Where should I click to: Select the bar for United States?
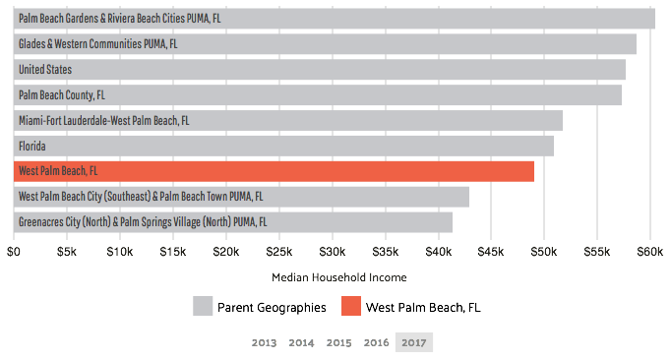point(320,70)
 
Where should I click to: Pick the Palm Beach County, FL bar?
point(318,95)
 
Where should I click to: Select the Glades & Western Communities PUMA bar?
point(325,44)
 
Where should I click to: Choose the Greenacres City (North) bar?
point(233,222)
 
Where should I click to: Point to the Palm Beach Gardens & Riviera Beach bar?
point(335,19)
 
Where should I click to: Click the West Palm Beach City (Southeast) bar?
point(241,197)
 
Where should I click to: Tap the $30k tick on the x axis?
point(332,252)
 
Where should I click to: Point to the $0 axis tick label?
point(14,252)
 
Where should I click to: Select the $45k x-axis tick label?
point(491,252)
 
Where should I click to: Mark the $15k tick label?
point(173,252)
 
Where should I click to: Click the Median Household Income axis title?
point(338,277)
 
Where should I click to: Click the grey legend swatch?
point(203,306)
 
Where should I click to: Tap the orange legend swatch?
point(351,306)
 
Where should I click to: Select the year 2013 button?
point(264,342)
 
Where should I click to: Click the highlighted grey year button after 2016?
point(413,342)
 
